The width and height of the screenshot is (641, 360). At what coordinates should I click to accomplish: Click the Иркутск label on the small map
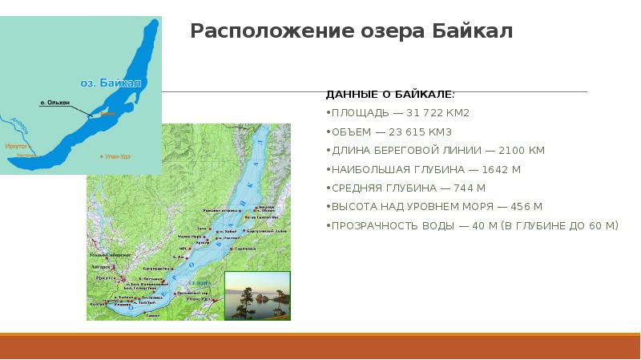[15, 146]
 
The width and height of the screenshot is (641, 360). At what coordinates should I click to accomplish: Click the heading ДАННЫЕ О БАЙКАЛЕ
[390, 94]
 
